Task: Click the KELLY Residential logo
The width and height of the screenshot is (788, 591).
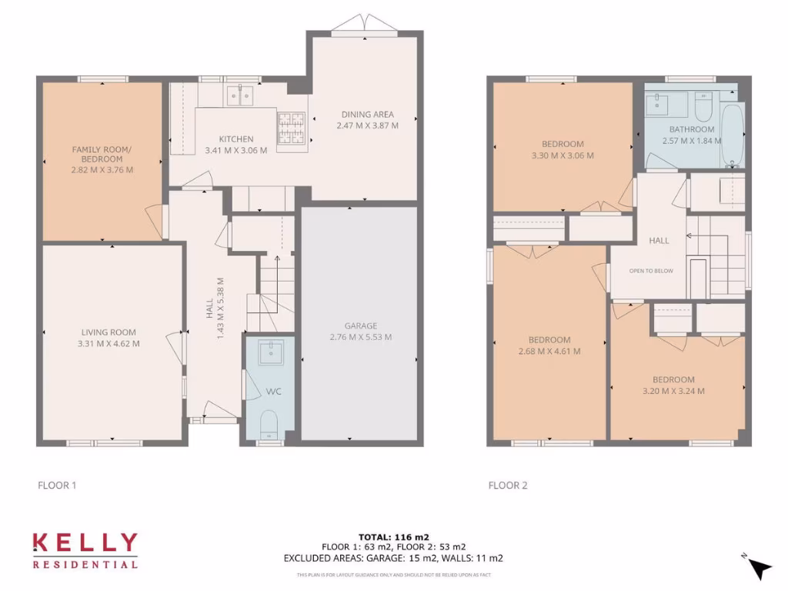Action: [85, 550]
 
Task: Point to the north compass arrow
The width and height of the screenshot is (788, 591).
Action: [760, 568]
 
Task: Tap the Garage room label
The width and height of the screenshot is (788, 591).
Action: [360, 326]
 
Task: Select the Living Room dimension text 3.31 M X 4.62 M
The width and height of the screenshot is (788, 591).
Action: [109, 344]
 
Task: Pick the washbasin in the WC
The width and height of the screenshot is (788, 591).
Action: [270, 352]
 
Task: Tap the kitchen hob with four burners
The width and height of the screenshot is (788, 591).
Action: [291, 128]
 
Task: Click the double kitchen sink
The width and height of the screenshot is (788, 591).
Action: [241, 96]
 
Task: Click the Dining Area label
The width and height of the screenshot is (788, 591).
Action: [367, 115]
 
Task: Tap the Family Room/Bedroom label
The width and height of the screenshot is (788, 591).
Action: [102, 154]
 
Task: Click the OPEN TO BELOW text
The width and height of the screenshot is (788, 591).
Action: [651, 271]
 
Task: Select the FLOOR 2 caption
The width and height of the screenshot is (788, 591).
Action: [508, 486]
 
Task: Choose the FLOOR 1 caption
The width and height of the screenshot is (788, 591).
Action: [57, 486]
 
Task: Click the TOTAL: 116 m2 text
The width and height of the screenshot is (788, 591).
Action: [393, 536]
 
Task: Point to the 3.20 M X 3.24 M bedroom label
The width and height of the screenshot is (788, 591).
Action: [673, 391]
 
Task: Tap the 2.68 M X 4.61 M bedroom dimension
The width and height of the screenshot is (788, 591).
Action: [549, 351]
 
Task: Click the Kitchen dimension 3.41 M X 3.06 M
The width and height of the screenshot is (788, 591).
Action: [236, 150]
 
